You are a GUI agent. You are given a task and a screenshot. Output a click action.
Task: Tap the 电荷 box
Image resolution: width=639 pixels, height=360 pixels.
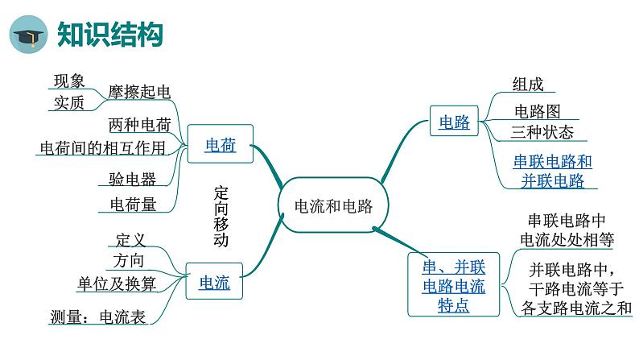[x=220, y=145]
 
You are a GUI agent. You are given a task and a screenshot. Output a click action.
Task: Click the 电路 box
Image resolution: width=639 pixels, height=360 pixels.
[x=454, y=122]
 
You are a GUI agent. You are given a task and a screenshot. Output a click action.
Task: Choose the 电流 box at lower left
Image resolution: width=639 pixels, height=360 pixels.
[x=214, y=283]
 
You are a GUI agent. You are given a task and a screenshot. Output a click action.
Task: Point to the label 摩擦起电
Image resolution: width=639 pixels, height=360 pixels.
[x=139, y=92]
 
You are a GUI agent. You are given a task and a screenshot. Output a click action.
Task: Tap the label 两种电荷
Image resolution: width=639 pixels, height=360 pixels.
[x=139, y=125]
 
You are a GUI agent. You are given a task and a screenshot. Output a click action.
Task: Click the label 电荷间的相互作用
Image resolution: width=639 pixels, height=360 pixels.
[x=102, y=147]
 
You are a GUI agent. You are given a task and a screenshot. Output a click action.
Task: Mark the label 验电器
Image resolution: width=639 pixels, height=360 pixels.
[x=132, y=179]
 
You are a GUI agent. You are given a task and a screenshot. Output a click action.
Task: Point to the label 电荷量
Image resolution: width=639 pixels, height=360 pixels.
[x=133, y=205]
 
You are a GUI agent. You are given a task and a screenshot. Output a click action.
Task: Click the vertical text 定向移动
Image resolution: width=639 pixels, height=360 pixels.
[x=221, y=217]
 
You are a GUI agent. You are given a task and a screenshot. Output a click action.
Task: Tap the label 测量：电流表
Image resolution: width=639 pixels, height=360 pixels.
[x=97, y=317]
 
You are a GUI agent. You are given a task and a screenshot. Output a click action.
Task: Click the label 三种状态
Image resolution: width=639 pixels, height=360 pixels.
[x=542, y=132]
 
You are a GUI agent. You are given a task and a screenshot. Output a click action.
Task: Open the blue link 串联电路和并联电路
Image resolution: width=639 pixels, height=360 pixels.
[x=553, y=171]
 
